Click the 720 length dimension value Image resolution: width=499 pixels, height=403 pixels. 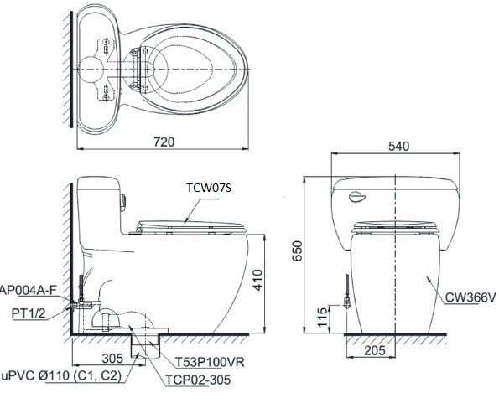pyautogui.click(x=164, y=142)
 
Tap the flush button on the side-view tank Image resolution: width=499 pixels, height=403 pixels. pyautogui.click(x=126, y=201)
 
